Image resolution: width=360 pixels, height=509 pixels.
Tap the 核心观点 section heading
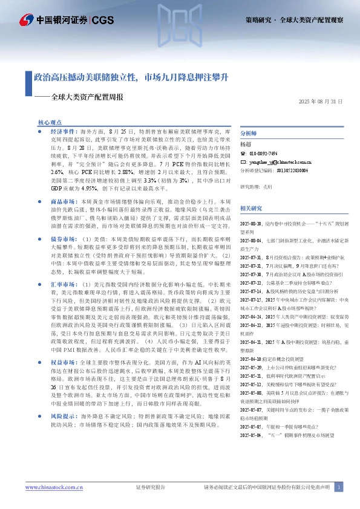point(50,122)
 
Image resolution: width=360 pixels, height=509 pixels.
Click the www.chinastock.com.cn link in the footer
point(50,487)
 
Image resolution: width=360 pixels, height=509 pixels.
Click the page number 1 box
point(339,487)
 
